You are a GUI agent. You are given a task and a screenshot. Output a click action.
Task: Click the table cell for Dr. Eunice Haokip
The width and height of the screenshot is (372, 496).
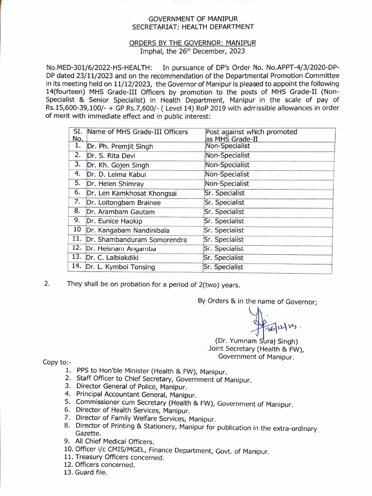113,221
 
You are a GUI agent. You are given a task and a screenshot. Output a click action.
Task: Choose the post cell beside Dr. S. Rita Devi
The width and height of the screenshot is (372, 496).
227,155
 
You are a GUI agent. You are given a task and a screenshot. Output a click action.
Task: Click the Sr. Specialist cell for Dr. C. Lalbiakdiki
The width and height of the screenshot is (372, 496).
223,258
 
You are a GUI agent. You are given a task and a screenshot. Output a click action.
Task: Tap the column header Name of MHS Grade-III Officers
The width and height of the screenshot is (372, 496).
137,132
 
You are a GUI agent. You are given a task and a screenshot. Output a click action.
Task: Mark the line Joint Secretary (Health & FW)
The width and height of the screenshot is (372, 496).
256,349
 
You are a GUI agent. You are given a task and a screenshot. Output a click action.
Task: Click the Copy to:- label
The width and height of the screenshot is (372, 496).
57,363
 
